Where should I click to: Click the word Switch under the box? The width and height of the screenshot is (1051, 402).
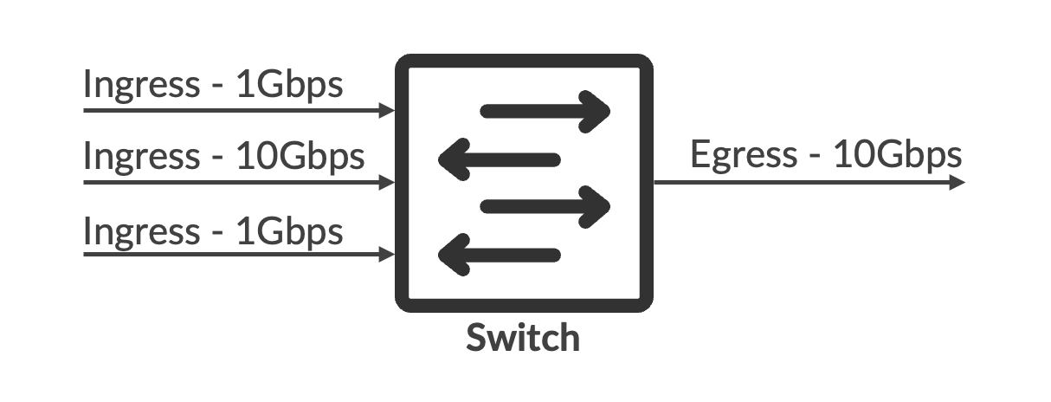523,337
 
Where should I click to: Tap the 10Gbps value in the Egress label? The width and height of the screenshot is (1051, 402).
897,155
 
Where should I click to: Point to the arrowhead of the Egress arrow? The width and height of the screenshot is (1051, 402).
957,183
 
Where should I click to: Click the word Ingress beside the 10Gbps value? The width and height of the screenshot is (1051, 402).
141,158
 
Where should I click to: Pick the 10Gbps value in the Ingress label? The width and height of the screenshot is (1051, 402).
300,158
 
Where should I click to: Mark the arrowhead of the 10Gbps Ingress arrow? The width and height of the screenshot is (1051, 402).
389,183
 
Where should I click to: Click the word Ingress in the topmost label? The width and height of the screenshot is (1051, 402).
141,86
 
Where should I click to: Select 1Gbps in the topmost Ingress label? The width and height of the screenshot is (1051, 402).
289,86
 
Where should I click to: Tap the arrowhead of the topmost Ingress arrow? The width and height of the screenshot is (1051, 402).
389,111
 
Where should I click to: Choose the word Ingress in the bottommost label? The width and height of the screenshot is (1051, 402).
141,232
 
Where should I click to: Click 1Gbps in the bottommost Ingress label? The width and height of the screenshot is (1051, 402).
289,232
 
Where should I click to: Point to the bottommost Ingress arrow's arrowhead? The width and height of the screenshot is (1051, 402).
389,255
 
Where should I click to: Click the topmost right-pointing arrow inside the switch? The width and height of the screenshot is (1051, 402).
545,111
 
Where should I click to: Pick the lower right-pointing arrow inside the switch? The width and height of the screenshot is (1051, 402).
545,206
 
